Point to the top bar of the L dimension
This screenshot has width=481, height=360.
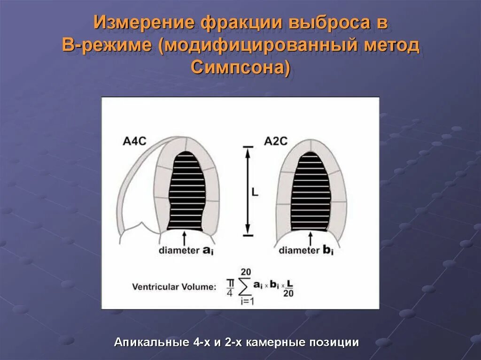point(248,146)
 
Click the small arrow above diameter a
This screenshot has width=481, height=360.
point(184,236)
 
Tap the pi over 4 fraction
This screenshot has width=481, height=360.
point(230,286)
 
